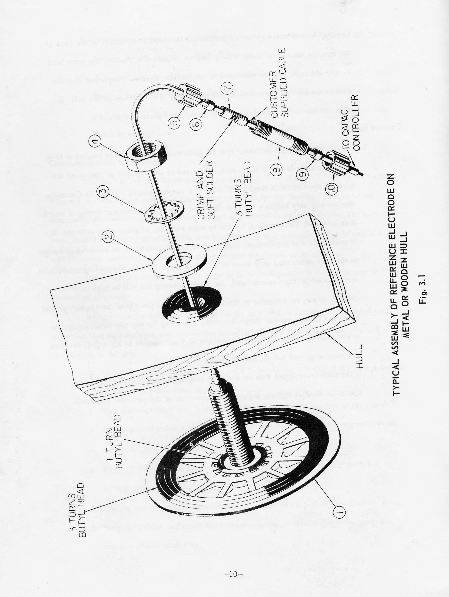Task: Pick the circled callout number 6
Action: pyautogui.click(x=197, y=124)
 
